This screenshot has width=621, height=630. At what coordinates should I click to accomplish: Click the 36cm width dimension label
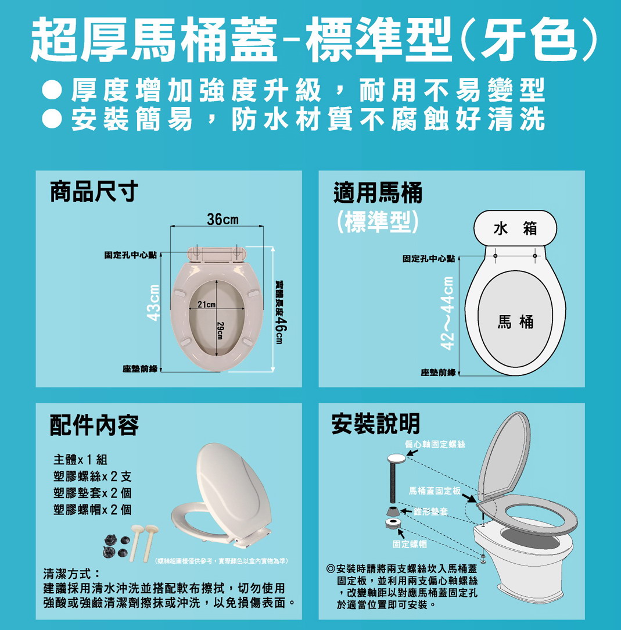(222, 219)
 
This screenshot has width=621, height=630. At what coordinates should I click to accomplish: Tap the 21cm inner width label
(206, 305)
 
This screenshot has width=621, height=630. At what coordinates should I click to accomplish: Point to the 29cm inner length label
(220, 330)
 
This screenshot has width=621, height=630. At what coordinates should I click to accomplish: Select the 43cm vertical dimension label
(153, 303)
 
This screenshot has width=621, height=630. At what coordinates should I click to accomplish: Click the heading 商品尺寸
(94, 191)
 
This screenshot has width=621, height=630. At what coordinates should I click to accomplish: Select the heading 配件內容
(94, 425)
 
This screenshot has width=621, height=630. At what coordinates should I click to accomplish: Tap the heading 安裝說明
(376, 424)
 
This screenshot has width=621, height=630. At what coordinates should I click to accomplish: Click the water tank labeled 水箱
(515, 228)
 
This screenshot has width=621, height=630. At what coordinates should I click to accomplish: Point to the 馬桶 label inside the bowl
(515, 322)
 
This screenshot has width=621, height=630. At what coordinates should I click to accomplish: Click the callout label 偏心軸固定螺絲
(435, 444)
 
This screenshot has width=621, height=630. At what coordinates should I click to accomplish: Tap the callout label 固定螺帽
(410, 544)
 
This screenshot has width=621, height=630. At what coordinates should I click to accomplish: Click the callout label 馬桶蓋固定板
(435, 491)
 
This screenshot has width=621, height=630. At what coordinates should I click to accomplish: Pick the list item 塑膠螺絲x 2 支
(92, 477)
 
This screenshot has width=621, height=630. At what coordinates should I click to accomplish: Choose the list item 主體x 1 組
(80, 460)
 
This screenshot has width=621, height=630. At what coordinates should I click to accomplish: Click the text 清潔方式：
(71, 573)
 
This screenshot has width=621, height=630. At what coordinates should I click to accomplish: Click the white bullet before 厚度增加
(52, 91)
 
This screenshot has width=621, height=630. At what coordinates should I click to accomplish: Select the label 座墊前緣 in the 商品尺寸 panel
(140, 369)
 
